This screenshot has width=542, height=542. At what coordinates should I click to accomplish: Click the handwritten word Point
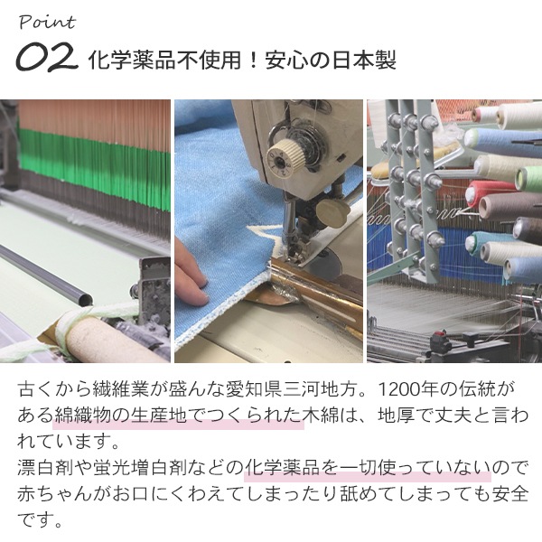47,23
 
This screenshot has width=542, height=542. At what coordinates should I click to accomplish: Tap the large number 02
47,57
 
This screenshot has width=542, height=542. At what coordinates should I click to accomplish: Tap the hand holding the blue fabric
192,274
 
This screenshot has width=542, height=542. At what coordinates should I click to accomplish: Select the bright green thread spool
528,178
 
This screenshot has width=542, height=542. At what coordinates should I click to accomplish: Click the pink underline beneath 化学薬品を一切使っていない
368,477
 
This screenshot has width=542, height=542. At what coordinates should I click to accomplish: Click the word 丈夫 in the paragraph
452,416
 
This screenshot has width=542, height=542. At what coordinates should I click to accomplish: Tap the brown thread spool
508,206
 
